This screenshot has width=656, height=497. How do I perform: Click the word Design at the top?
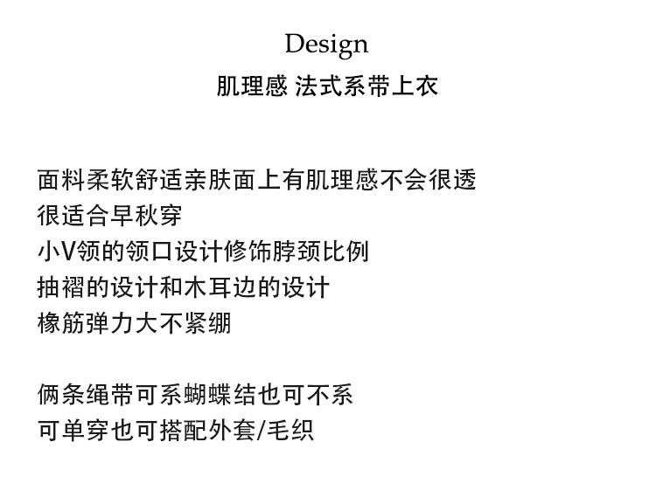(326, 44)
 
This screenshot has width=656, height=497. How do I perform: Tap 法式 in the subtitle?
(318, 86)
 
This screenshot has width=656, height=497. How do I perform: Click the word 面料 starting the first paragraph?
(59, 181)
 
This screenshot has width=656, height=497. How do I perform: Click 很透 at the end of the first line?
(453, 181)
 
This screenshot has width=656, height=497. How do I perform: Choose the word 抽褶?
(59, 287)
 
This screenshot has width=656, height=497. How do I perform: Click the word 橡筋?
(59, 323)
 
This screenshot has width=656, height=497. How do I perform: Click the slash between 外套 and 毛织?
(259, 430)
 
